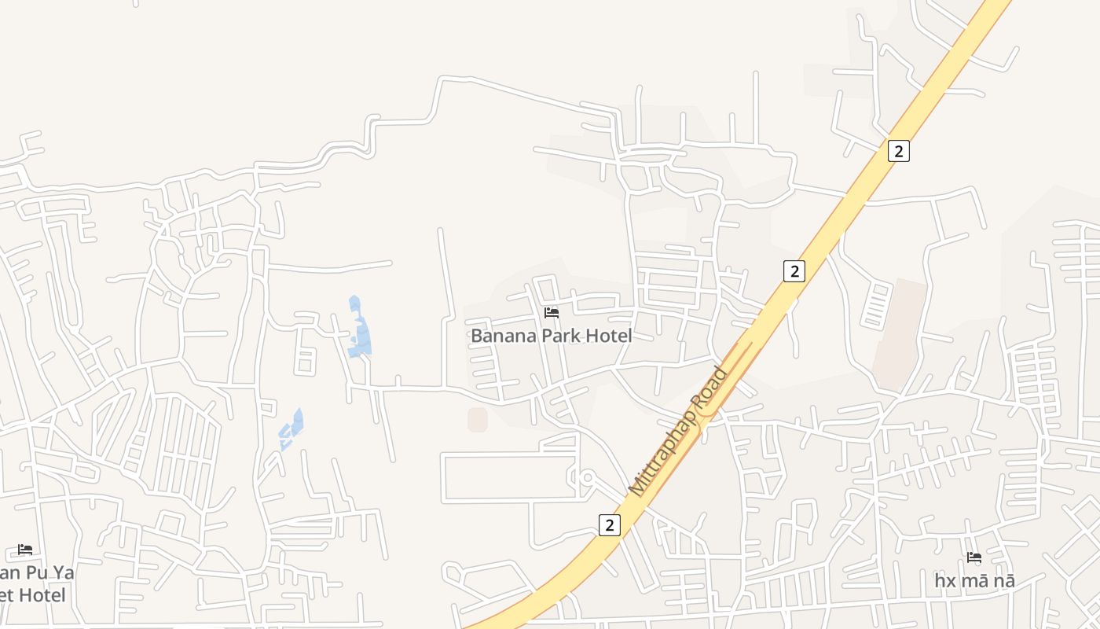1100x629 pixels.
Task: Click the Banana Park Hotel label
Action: (551, 336)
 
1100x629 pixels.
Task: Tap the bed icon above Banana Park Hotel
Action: (552, 313)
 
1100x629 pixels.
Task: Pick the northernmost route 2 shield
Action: (899, 150)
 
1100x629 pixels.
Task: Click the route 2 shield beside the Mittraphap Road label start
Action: (609, 524)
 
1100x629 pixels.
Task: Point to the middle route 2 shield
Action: (794, 271)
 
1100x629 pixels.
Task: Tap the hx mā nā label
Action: (974, 581)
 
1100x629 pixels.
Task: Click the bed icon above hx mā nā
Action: (974, 558)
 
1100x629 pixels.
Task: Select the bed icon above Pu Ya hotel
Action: (25, 550)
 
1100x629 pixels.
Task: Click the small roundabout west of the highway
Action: (586, 477)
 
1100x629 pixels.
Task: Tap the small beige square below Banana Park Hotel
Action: (477, 420)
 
